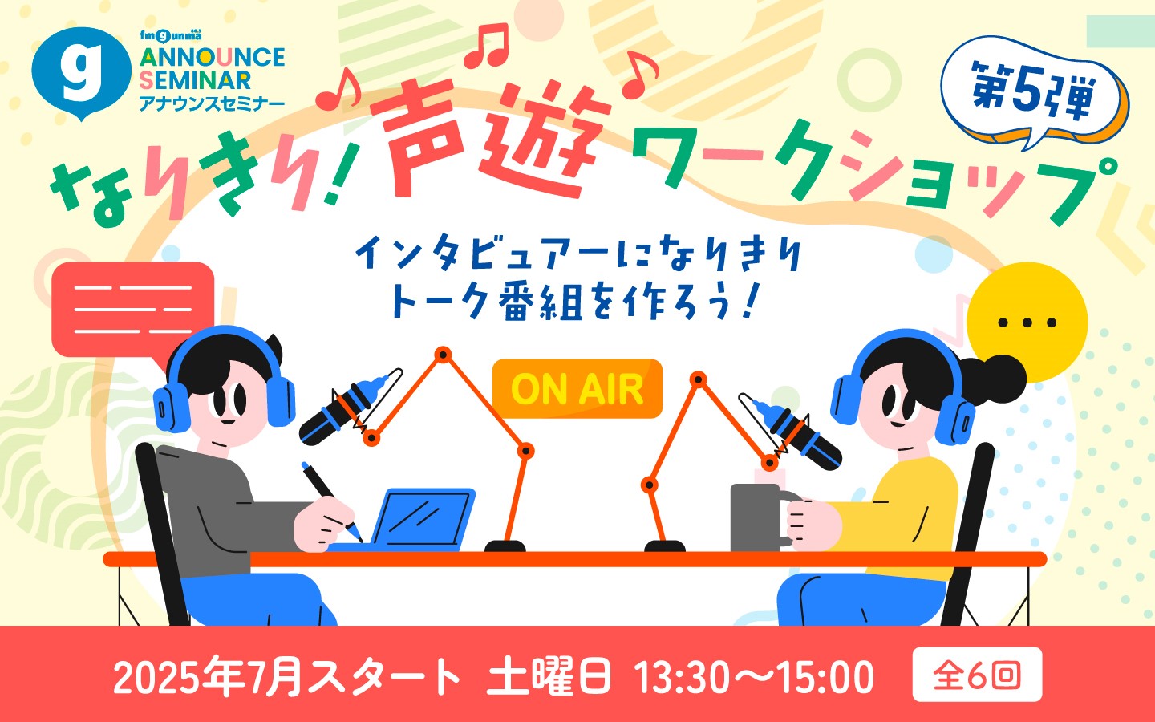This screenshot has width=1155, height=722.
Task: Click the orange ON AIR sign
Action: [577, 388]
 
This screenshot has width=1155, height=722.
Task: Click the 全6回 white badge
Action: [977, 675]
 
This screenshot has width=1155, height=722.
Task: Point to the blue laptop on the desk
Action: [418, 518]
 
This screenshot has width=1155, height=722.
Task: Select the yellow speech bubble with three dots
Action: [1027, 322]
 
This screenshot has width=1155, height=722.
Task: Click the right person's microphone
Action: [792, 432]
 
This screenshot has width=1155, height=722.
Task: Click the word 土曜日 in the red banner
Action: [549, 675]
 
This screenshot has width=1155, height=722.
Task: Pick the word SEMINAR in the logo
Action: [195, 80]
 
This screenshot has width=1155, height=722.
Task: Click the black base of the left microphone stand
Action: [505, 546]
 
